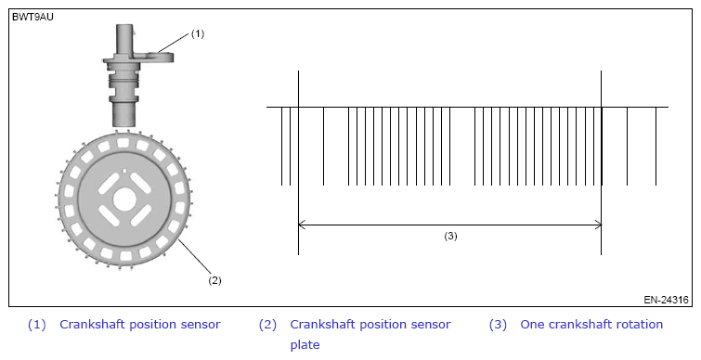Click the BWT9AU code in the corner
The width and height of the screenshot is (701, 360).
click(x=32, y=18)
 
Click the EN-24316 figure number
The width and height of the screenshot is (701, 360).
click(x=666, y=300)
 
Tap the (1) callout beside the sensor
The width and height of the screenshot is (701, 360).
click(x=198, y=33)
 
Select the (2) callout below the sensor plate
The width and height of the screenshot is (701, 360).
click(x=214, y=280)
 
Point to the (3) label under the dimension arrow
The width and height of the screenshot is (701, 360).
click(x=450, y=237)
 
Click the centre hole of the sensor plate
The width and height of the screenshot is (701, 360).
click(x=124, y=199)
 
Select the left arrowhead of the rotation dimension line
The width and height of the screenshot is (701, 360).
click(x=302, y=225)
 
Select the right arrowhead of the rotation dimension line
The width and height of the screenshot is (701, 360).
click(x=598, y=225)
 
